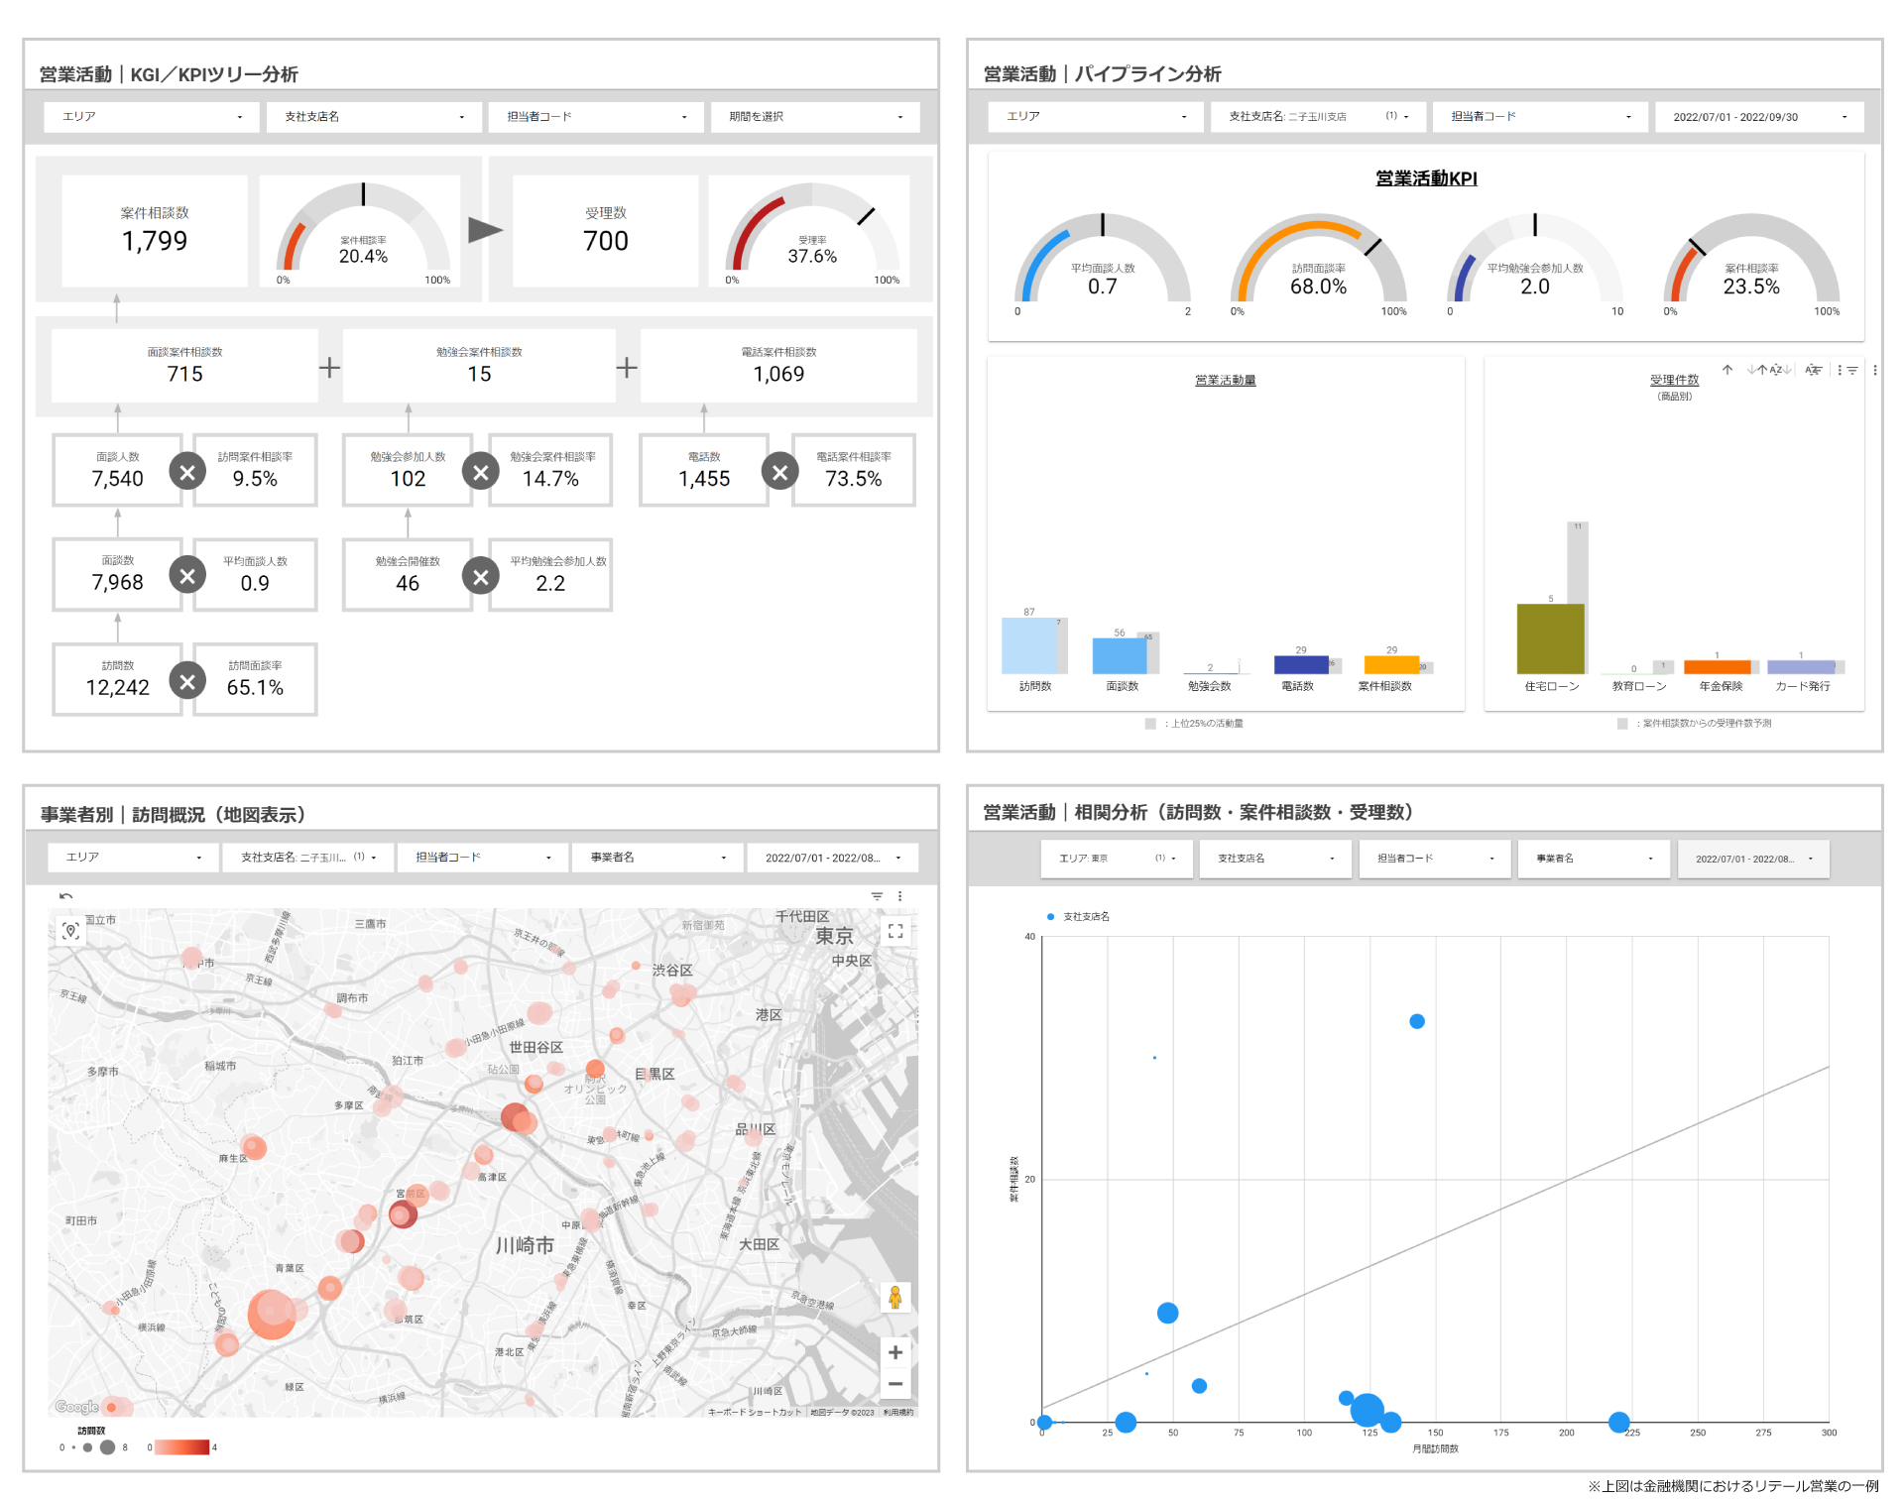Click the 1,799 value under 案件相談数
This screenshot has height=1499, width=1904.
pos(155,241)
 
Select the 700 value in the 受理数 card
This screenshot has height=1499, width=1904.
pos(605,241)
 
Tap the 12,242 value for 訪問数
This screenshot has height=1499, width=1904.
pos(117,687)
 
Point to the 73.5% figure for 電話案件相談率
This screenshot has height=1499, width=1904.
pos(853,479)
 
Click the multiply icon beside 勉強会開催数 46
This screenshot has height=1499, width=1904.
pos(481,576)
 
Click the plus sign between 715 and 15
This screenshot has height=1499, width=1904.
pos(329,368)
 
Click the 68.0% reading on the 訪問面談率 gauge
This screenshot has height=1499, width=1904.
pos(1318,287)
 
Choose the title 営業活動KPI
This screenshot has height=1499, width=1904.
pos(1425,178)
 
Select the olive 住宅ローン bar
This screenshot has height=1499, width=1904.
pos(1550,638)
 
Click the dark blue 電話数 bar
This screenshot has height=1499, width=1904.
pos(1300,664)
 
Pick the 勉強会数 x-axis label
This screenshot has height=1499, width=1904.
pos(1209,686)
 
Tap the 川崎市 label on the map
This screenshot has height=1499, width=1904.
pos(525,1245)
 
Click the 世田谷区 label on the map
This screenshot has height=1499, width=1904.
pos(535,1047)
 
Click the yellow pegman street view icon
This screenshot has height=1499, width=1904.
pos(894,1297)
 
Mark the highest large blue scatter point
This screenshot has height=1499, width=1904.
pos(1417,1021)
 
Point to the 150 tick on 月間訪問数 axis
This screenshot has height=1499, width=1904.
pos(1435,1433)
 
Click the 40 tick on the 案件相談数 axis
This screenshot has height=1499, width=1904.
pos(1029,937)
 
